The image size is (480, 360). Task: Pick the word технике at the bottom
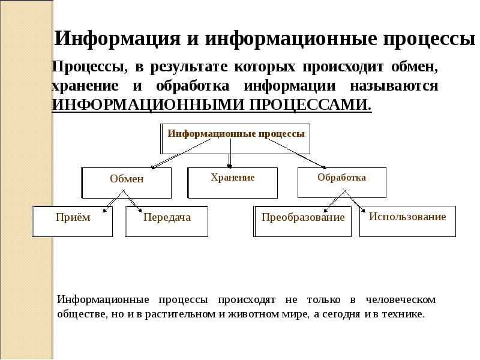tap(406, 314)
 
